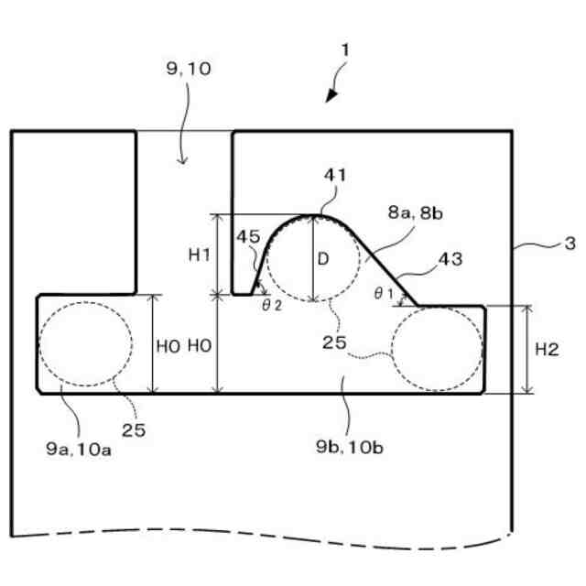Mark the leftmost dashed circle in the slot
click(x=84, y=343)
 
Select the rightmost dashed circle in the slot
click(x=436, y=349)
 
